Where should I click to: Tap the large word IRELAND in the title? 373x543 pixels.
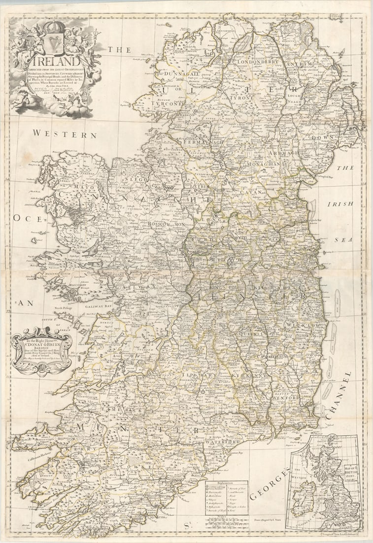[54, 62]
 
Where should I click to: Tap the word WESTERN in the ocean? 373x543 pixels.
[65, 134]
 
